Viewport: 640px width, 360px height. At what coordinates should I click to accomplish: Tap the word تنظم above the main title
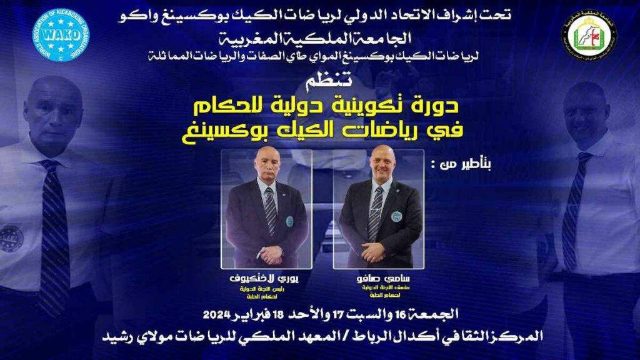coord(319,82)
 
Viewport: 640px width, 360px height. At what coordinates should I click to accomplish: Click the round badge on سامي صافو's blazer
coord(396,216)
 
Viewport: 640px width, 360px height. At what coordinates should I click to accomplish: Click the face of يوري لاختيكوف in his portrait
coord(268,166)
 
